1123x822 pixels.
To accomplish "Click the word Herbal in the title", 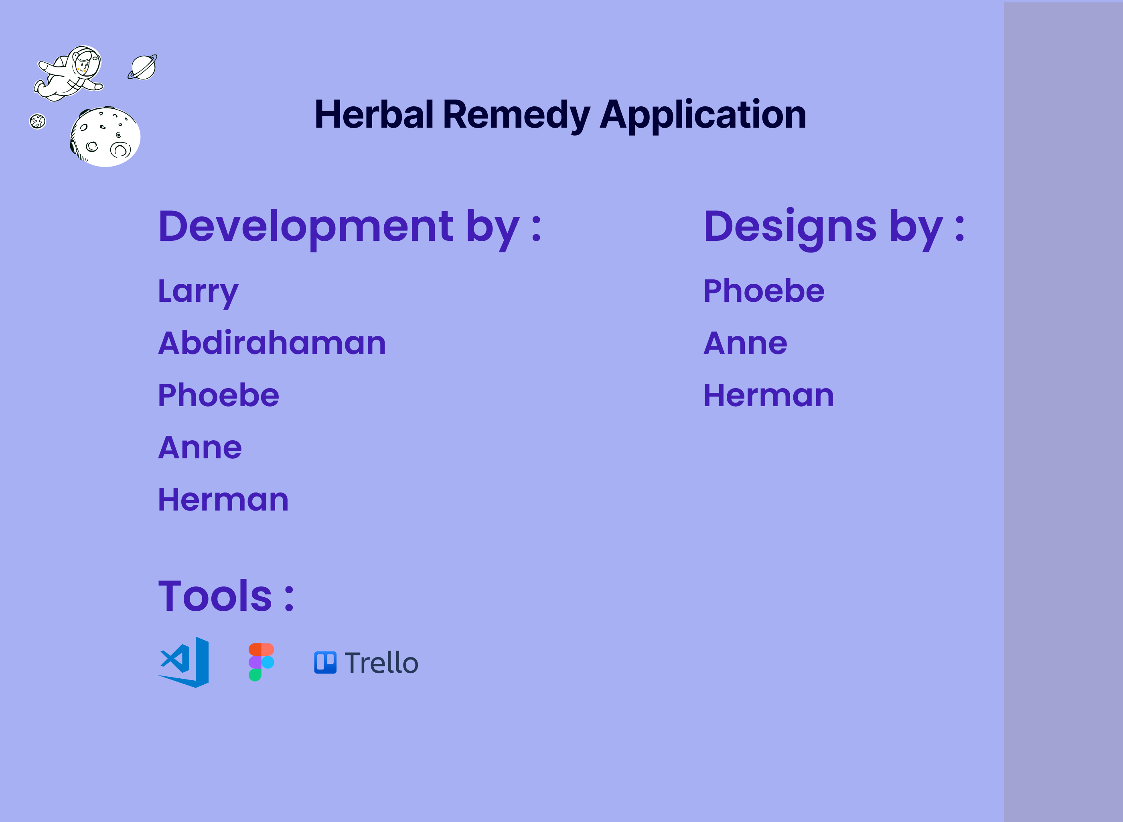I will pos(374,114).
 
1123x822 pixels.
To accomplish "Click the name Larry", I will pos(198,291).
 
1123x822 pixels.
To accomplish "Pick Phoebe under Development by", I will pos(218,396).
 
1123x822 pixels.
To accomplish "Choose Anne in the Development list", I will pos(200,448).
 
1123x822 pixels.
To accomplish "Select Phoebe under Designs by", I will pos(764,291).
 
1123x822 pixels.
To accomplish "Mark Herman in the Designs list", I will pos(768,396).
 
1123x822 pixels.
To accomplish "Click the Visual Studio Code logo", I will pos(184,662).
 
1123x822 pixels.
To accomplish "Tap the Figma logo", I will pos(261,662).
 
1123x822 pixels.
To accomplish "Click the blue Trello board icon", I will pos(325,663).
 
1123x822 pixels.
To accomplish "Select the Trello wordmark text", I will pos(381,663).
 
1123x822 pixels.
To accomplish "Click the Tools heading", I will pos(226,596).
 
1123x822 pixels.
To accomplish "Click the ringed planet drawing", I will pos(143,67).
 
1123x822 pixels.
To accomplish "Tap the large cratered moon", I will pos(105,137).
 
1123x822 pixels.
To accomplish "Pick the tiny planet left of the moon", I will pos(37,121).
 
